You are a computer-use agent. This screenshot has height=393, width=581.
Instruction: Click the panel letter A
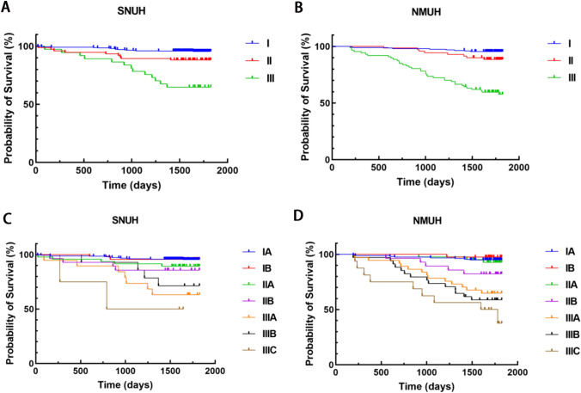pos(6,7)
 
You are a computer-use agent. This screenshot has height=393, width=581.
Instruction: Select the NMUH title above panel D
pos(426,221)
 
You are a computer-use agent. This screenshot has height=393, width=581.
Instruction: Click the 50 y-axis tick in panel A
pos(28,104)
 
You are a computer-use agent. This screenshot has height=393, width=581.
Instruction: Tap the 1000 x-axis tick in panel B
pos(425,168)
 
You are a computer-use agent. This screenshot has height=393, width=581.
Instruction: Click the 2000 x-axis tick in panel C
pos(215,371)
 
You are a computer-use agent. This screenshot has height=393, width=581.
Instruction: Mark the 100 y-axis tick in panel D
pos(326,255)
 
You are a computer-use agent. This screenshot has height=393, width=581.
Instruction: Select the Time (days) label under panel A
pos(131,185)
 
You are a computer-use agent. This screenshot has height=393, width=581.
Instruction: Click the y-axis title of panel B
pos(305,98)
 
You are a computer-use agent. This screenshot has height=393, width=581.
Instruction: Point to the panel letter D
pos(298,216)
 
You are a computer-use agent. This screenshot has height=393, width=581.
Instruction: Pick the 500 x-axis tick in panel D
pos(382,372)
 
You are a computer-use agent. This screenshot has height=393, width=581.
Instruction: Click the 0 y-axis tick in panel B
pos(327,160)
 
